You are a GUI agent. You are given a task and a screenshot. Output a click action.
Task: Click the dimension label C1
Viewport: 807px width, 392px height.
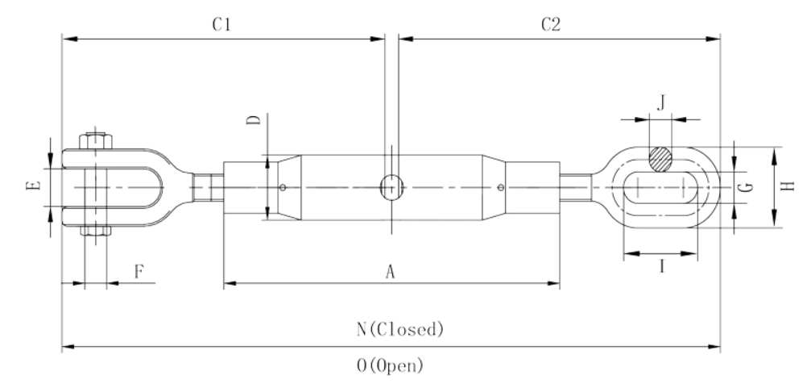[221, 24]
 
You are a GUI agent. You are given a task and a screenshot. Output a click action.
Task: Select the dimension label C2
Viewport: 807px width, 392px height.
[551, 24]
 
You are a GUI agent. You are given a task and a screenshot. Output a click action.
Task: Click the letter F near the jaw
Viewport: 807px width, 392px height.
[139, 271]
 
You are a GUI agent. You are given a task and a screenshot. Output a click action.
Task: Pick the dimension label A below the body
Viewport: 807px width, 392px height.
[391, 272]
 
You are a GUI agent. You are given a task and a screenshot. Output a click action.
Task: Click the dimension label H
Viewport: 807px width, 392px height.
[788, 186]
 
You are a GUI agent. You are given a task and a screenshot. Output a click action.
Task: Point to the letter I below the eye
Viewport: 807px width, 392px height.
[662, 266]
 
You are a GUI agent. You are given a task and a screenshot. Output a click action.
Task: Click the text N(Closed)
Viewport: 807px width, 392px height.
[400, 328]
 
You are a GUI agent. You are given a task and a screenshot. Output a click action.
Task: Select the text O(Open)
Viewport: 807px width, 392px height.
[391, 365]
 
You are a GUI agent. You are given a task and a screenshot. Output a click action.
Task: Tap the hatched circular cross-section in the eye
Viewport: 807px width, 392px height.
[660, 159]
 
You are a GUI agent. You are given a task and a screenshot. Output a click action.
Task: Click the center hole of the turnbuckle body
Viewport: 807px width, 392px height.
[391, 186]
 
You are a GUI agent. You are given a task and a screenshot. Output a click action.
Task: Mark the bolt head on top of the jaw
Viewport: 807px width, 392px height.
[96, 140]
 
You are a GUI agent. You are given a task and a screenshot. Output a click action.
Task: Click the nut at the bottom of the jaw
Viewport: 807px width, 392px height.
[96, 230]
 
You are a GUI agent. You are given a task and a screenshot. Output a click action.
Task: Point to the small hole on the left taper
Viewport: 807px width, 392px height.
[283, 187]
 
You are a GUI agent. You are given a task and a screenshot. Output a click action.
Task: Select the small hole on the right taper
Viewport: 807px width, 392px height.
[501, 187]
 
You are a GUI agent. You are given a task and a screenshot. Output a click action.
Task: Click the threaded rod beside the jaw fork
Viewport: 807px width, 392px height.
[208, 187]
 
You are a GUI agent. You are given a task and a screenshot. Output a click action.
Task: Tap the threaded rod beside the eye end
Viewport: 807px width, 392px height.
[576, 187]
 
